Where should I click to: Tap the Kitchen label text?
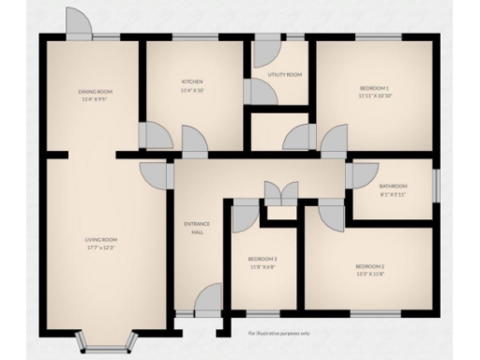[x=192, y=82]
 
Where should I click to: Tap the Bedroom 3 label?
[x=262, y=258]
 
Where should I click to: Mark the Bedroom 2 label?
[x=370, y=267]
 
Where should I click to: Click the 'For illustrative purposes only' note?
[x=278, y=332]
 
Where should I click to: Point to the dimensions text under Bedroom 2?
[x=370, y=274]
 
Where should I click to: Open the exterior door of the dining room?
[x=79, y=23]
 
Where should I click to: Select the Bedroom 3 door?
[x=244, y=217]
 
